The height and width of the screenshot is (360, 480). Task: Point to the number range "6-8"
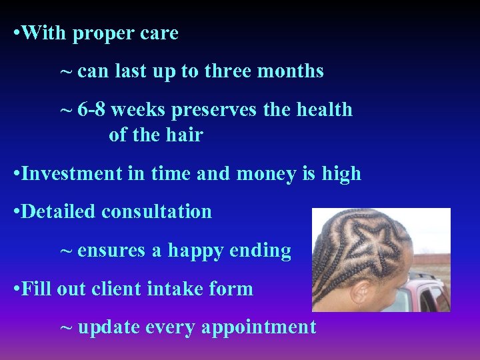(x=91, y=109)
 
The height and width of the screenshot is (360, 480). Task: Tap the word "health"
(x=323, y=109)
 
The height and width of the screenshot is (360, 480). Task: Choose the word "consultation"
(x=157, y=212)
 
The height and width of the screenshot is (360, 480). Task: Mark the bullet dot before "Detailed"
(x=17, y=213)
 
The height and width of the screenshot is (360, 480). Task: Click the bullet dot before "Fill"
(x=17, y=290)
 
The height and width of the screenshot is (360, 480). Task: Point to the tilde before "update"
(x=66, y=328)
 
